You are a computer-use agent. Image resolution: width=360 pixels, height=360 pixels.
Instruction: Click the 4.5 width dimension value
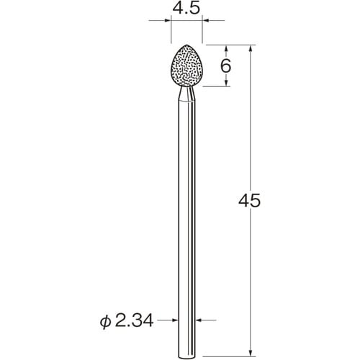click(186, 11)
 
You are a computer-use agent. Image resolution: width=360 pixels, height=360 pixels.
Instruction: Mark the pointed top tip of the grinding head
click(186, 46)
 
